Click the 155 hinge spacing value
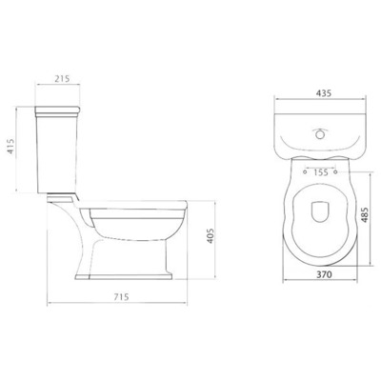(x=320, y=173)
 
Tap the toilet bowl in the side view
(x=143, y=224)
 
